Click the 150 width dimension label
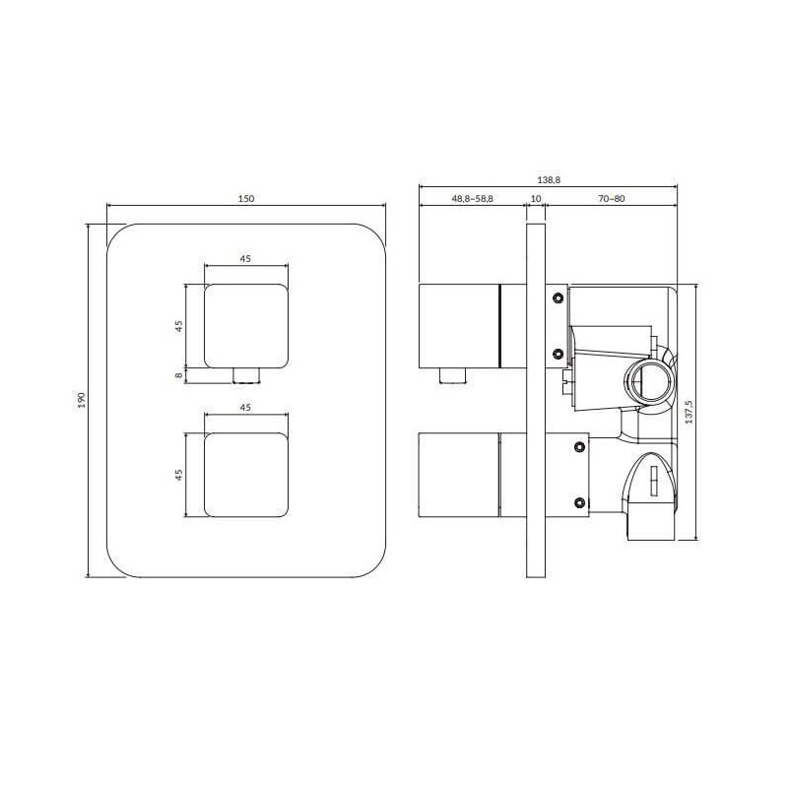(x=245, y=199)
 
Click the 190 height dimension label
(x=82, y=400)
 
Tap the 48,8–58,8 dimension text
(x=472, y=199)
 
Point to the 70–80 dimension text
(x=611, y=199)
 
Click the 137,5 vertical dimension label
(x=689, y=412)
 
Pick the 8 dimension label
(x=179, y=375)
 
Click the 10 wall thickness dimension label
(x=536, y=199)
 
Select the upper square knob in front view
(x=246, y=326)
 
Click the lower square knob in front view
(x=246, y=475)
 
